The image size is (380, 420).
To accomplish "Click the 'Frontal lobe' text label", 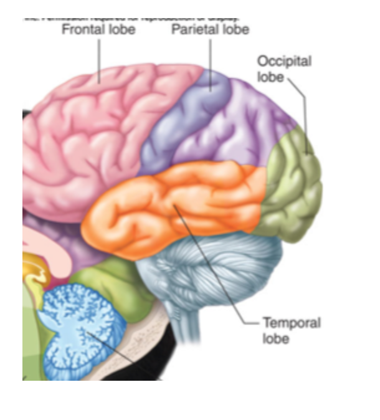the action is [x=98, y=29].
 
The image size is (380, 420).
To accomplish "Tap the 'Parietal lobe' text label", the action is [x=211, y=29].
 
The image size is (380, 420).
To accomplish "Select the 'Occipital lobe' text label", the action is [x=284, y=69].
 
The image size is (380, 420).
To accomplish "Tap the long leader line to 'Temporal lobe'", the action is [x=218, y=268].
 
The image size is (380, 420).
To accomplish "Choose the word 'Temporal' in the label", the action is [x=292, y=323].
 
